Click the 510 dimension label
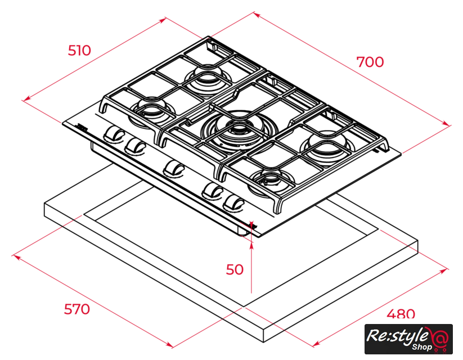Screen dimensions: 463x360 coord(79,51)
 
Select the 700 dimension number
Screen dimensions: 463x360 coord(370,62)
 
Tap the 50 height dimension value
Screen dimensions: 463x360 coord(235,269)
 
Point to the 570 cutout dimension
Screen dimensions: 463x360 coord(77,309)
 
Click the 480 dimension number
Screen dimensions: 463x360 coord(401,314)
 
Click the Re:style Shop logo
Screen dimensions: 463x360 coord(408,339)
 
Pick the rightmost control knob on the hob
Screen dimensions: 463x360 coord(234,204)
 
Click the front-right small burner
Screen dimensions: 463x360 coord(271,182)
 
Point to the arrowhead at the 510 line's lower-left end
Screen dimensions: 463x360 coord(27,98)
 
